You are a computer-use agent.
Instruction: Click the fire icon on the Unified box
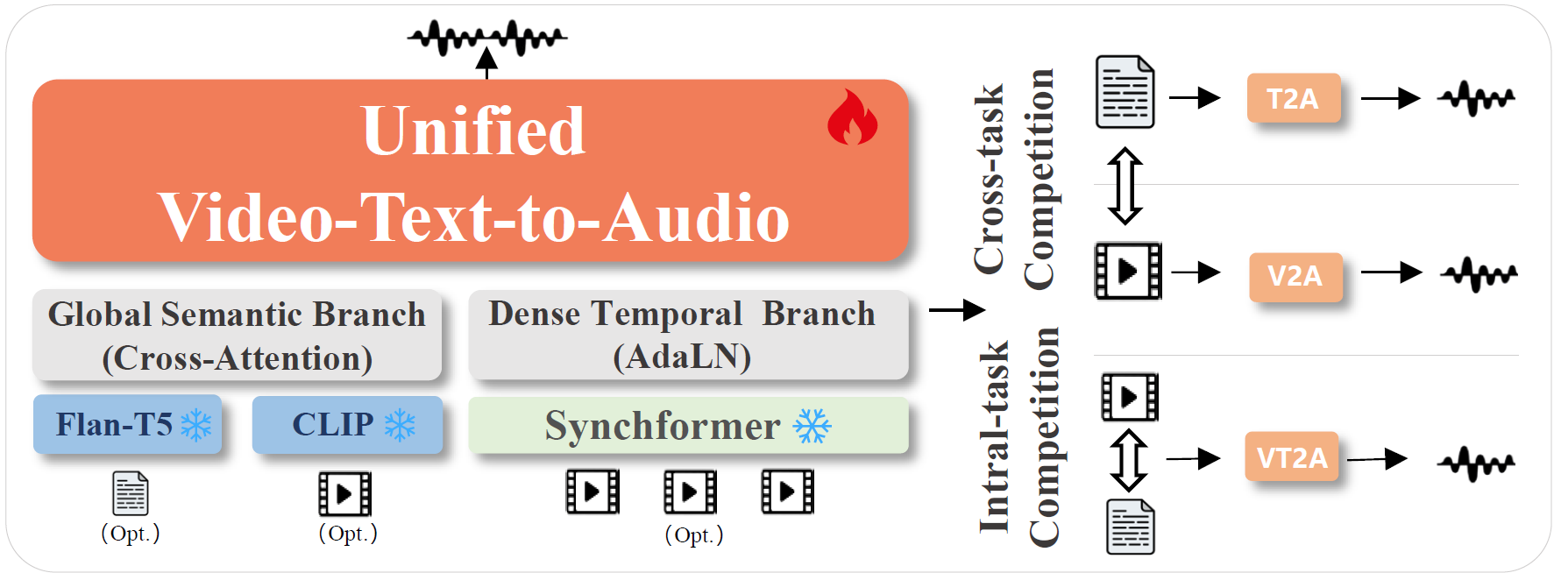(x=852, y=118)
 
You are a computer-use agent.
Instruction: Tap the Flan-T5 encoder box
(x=127, y=425)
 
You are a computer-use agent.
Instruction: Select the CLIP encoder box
(x=347, y=425)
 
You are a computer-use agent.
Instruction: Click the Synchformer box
(x=688, y=426)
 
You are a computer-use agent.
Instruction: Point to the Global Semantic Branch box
(x=237, y=336)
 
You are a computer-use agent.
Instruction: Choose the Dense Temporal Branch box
(x=688, y=336)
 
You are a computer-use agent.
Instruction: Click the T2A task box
(x=1293, y=98)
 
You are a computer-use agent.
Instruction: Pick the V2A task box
(x=1295, y=277)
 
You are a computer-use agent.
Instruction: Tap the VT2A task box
(x=1291, y=456)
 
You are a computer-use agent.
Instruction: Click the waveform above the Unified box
(x=487, y=37)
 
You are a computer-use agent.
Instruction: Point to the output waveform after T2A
(x=1477, y=98)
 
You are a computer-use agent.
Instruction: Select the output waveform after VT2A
(x=1477, y=462)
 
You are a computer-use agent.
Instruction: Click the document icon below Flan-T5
(x=131, y=493)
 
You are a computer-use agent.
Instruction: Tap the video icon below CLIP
(x=344, y=493)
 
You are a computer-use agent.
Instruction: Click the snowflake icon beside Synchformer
(x=812, y=427)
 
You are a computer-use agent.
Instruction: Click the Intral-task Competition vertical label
(x=1019, y=436)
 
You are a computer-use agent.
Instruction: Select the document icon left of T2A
(x=1125, y=92)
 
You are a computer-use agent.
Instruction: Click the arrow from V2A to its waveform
(x=1391, y=272)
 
